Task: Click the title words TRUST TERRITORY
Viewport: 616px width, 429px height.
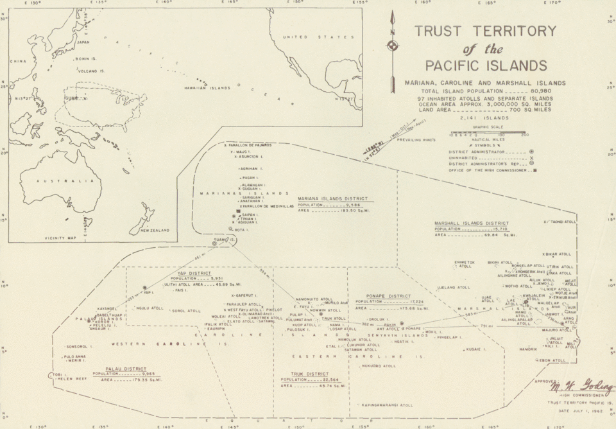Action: [x=485, y=31]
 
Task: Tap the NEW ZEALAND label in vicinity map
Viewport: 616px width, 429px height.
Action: [x=155, y=229]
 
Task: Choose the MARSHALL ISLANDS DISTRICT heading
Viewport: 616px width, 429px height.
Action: [x=471, y=223]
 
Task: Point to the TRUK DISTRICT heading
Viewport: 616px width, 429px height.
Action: [x=304, y=374]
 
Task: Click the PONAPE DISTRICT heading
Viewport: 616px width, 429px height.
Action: [x=383, y=296]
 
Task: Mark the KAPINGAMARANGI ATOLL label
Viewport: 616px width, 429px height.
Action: [x=387, y=405]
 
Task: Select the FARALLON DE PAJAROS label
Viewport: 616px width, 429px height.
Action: [x=247, y=145]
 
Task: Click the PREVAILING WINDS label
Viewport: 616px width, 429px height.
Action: [x=416, y=139]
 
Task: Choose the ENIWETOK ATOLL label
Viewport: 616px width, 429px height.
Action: [x=464, y=264]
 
